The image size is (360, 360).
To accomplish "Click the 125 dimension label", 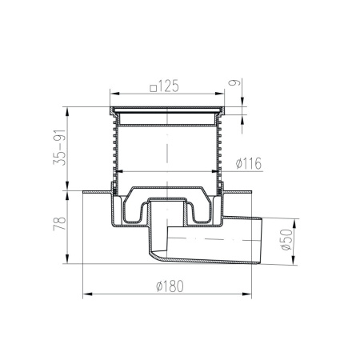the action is coord(168,86).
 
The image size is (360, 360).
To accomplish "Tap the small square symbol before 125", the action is coord(153,88).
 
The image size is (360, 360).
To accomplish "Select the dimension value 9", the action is coord(234,82).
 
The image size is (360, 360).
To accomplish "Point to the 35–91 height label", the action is coord(59,147).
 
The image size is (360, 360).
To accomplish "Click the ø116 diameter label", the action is coord(249,163).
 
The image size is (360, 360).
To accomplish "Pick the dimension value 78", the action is coord(59,223).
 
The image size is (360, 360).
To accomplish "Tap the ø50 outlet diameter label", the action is coord(287,239).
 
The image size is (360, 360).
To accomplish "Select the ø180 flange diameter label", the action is coord(170,286).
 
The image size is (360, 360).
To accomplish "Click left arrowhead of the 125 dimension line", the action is coord(114,94).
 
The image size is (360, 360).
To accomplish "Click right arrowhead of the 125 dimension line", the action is coord(220,94).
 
